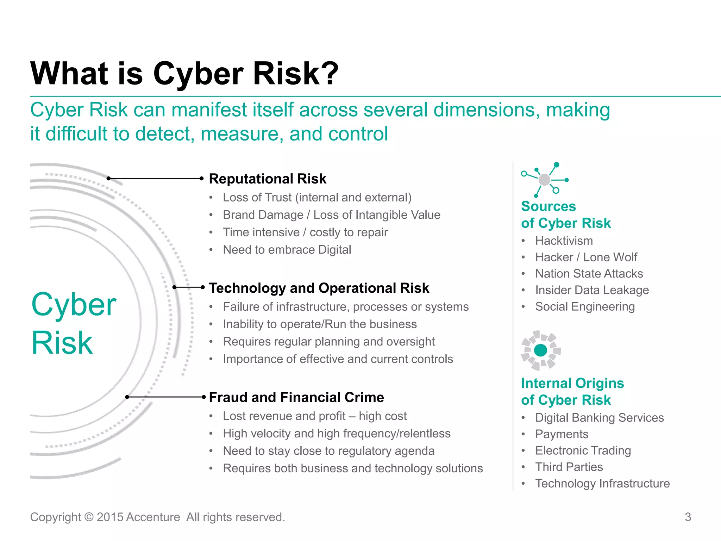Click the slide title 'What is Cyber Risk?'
[184, 74]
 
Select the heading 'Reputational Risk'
[268, 179]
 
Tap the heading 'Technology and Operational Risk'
[319, 288]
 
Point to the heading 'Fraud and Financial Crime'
[296, 397]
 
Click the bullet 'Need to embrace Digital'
[287, 250]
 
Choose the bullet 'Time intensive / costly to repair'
[305, 232]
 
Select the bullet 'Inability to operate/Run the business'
[320, 324]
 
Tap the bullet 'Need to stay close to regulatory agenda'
[328, 451]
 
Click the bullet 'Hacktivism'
[564, 241]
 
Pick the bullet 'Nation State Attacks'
[589, 274]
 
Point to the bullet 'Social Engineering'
[585, 307]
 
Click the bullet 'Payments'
[562, 434]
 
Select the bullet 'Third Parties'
[569, 467]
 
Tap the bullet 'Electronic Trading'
[583, 450]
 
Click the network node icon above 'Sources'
[544, 180]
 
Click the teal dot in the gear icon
[540, 350]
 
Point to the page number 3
[688, 517]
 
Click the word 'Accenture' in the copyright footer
[153, 517]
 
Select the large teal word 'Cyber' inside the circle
[74, 305]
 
